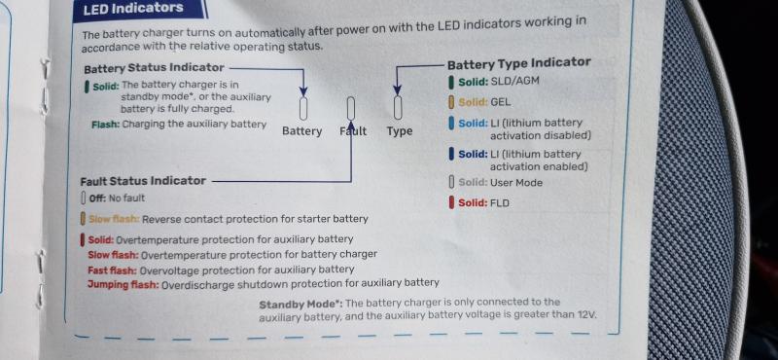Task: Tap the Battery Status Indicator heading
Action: [154, 67]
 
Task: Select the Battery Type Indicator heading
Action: [519, 63]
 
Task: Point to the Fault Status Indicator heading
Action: [143, 181]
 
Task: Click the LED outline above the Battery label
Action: [303, 108]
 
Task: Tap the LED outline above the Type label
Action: [398, 107]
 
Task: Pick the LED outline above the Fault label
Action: [351, 108]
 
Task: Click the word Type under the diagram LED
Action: [400, 131]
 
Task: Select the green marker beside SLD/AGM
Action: [451, 82]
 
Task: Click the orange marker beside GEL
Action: [451, 102]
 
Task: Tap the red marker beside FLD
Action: [451, 202]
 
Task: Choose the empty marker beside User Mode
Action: [451, 182]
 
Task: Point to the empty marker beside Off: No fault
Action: [84, 198]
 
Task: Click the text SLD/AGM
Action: [514, 81]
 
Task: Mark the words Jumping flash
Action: [124, 284]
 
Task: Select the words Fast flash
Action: [112, 270]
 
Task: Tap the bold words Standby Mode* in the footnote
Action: [301, 304]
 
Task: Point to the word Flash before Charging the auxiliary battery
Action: [105, 125]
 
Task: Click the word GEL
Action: [500, 102]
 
